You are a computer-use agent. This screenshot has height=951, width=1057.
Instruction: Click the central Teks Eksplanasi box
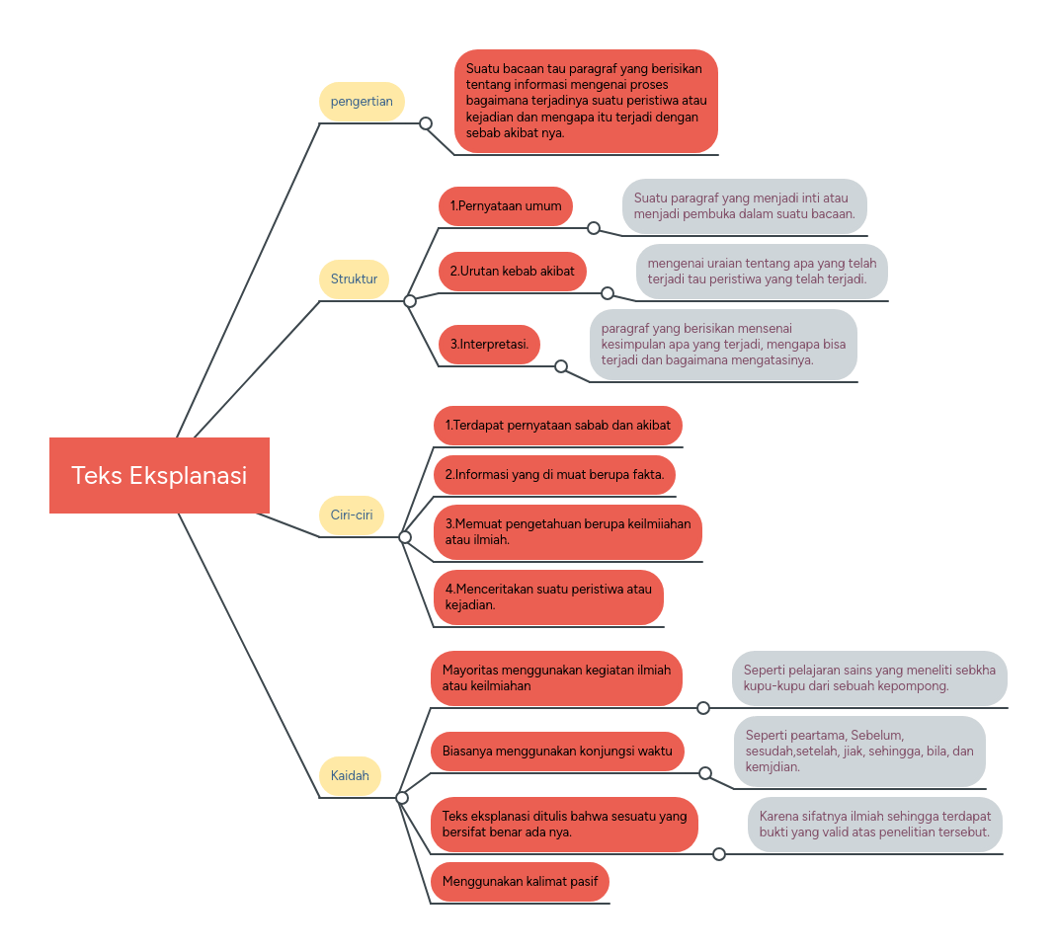click(x=159, y=475)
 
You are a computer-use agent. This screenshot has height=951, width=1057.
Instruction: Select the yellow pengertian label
click(x=362, y=102)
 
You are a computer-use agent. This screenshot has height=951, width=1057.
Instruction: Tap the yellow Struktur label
click(x=354, y=279)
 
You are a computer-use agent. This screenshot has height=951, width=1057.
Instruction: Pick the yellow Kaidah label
click(x=351, y=775)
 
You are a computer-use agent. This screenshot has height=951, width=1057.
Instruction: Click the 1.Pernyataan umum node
click(x=506, y=206)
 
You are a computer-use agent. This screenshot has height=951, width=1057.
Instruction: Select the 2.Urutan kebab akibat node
click(x=512, y=272)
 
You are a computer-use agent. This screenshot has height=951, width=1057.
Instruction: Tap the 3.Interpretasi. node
click(x=489, y=345)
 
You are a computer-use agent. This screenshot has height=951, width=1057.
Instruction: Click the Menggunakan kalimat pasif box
click(x=520, y=882)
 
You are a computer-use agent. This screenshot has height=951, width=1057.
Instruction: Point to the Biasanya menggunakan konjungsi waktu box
click(x=557, y=752)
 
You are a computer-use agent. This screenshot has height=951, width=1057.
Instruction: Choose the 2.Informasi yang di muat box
click(x=554, y=475)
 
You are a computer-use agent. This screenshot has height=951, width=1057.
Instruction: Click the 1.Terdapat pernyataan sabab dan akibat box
click(x=557, y=426)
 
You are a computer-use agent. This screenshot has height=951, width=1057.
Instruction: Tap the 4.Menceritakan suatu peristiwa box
click(x=548, y=597)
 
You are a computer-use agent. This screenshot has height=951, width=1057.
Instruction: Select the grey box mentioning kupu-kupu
click(x=869, y=678)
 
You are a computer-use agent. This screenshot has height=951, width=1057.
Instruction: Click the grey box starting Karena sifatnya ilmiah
click(x=874, y=825)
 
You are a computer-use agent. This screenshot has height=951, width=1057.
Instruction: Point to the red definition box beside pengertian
click(x=586, y=102)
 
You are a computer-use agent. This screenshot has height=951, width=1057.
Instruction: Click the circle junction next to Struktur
click(x=410, y=301)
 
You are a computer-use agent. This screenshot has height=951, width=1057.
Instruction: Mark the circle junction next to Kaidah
click(x=402, y=798)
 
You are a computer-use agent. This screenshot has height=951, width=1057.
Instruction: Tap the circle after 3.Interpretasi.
click(x=561, y=366)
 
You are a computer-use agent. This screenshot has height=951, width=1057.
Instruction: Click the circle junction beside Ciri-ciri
click(x=405, y=537)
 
